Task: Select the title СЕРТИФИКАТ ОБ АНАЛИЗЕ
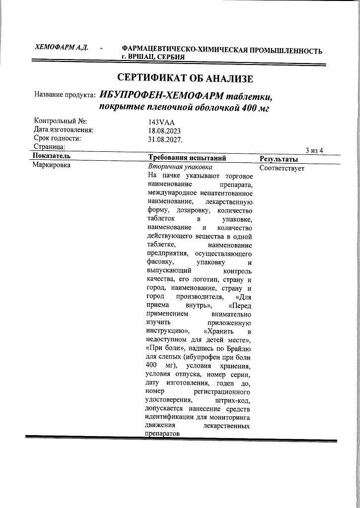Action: tap(185, 78)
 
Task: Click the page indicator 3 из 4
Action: tap(314, 150)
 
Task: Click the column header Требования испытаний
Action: tap(187, 158)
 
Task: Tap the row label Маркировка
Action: tap(52, 166)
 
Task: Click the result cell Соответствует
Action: tap(282, 168)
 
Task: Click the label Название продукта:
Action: tap(65, 95)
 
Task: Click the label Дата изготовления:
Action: tap(64, 130)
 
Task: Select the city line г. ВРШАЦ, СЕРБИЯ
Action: tap(153, 57)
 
